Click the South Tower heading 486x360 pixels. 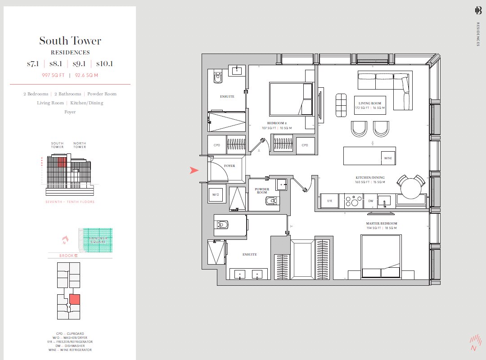70,41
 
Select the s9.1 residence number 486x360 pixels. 79,64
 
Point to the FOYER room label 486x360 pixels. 229,166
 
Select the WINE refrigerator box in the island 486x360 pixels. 388,158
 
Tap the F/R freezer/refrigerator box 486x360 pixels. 329,201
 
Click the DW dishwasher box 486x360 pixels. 370,201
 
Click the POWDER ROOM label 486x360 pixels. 261,191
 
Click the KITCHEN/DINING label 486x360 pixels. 370,178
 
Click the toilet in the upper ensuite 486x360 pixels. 218,77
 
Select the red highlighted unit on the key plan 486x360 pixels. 74,299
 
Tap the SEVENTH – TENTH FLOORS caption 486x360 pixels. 70,202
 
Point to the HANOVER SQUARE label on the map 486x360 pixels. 97,240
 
